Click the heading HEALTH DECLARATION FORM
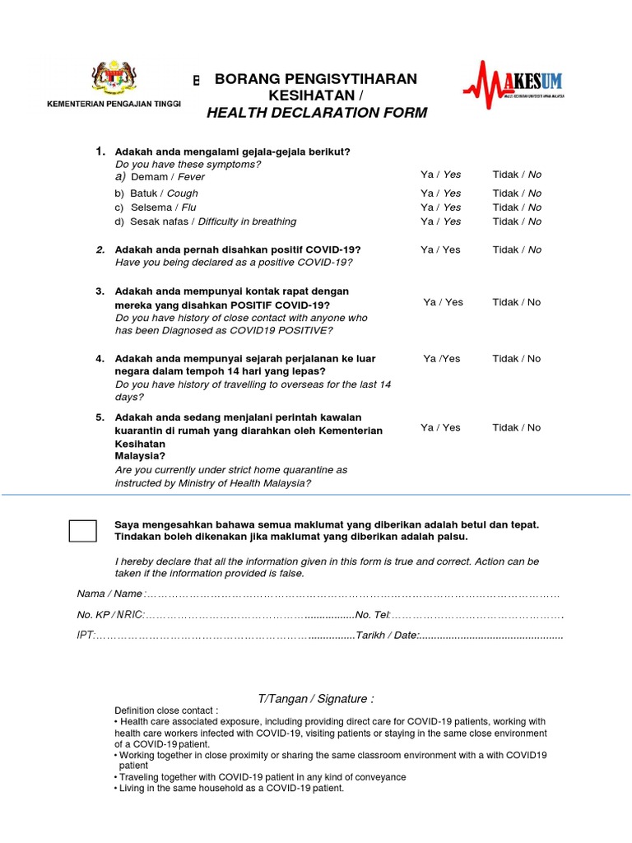tap(317, 113)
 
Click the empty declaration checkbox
tap(83, 531)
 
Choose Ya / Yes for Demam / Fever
tap(440, 175)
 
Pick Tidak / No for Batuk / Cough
tap(517, 193)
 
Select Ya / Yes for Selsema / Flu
tap(440, 207)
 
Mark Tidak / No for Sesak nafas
tap(517, 221)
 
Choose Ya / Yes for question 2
tap(440, 249)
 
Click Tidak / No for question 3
tap(517, 302)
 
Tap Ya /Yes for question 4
tap(442, 358)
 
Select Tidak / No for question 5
tap(517, 427)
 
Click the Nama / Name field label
tap(109, 594)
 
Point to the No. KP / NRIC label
tap(110, 615)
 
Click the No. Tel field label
tap(372, 615)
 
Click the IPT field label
tap(86, 636)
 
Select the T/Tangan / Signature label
tap(315, 699)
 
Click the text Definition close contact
tap(166, 710)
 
